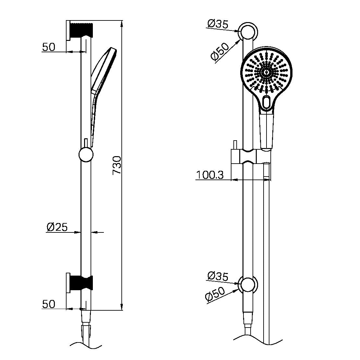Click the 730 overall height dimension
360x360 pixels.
coord(117,165)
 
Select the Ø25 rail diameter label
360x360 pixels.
coord(57,227)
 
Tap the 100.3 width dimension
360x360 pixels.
coord(210,175)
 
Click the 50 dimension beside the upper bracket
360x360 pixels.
coord(49,47)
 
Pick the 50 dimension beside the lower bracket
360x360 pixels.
coord(49,304)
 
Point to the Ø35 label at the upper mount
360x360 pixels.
coord(217,24)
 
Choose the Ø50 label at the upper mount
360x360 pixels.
coord(220,51)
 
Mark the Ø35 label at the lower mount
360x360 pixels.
coord(217,276)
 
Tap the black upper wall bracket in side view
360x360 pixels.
coord(81,30)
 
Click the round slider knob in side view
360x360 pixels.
coord(86,155)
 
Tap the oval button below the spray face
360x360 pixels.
coord(267,102)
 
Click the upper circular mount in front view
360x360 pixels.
coord(248,32)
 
